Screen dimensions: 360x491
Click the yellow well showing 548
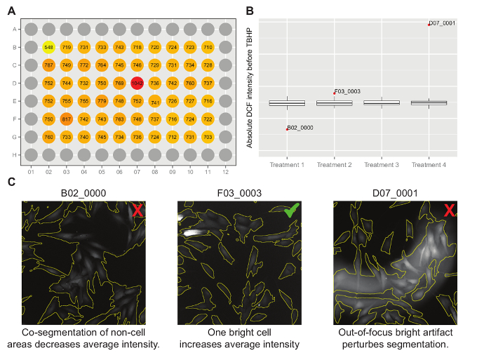point(48,47)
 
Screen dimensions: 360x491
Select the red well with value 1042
point(137,83)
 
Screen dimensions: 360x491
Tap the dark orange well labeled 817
point(67,119)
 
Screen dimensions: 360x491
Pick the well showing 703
point(208,136)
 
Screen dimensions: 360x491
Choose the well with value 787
point(48,65)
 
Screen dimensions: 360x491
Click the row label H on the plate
point(14,154)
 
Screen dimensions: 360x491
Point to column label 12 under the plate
point(225,171)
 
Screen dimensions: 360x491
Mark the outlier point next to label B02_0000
point(286,129)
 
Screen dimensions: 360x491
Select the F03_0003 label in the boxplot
point(347,91)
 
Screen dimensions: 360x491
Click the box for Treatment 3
point(382,102)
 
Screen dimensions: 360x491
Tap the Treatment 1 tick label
point(286,165)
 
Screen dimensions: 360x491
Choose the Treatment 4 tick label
point(429,165)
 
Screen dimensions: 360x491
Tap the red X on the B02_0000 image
point(137,210)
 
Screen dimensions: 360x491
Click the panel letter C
point(11,182)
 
